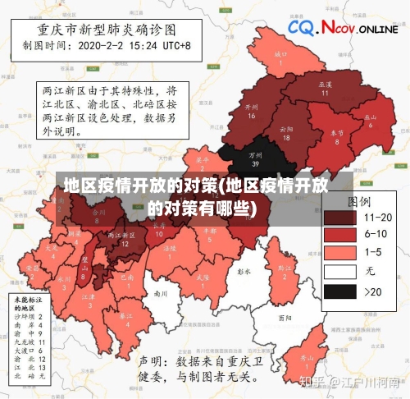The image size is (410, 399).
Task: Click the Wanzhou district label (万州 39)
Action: (256, 158)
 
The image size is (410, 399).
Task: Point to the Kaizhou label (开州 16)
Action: (252, 111)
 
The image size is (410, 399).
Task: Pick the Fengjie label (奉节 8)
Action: (336, 136)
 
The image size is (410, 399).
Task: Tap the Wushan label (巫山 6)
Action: (371, 121)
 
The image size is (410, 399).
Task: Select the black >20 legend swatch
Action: (343, 291)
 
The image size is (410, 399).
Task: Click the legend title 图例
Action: (359, 199)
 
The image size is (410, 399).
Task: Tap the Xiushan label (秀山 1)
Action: (305, 361)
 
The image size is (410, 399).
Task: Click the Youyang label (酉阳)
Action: (285, 317)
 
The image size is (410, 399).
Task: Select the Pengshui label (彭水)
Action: (243, 269)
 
